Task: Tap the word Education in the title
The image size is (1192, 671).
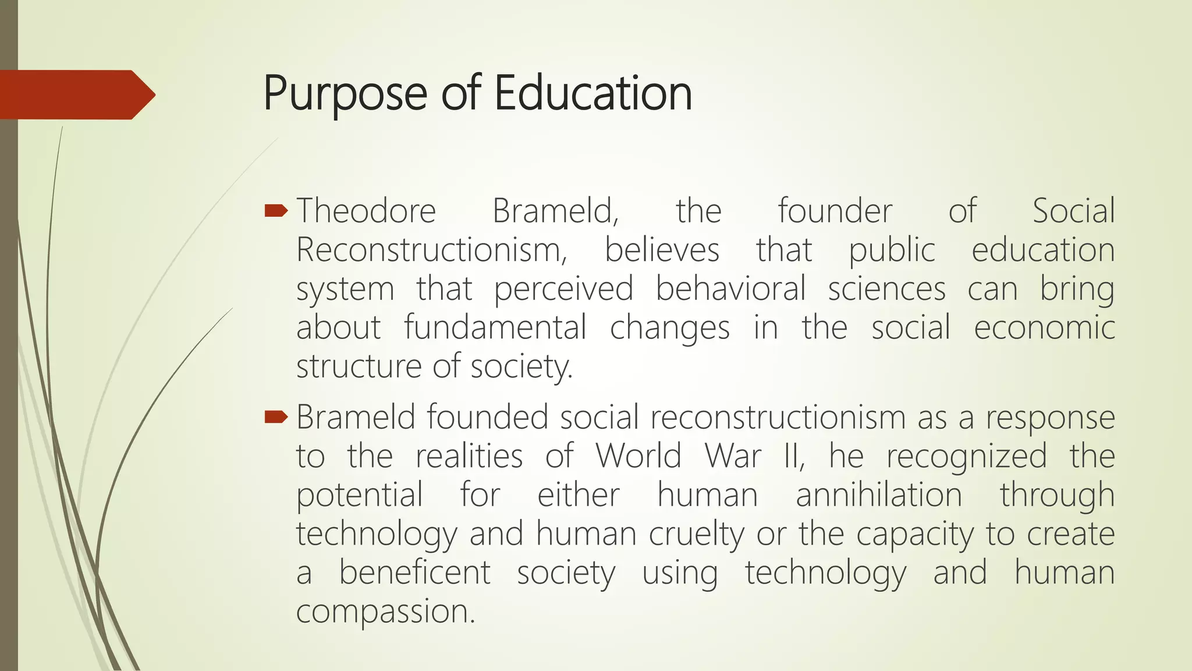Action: (x=593, y=93)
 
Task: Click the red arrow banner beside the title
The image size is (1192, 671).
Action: (x=76, y=94)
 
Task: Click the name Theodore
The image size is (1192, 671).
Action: (x=366, y=211)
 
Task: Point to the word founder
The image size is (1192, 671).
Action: (x=835, y=211)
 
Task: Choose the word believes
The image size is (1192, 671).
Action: (x=662, y=250)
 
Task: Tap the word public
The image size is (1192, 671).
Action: (x=892, y=251)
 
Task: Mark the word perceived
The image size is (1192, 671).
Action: (x=563, y=289)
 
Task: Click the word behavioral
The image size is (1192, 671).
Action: (x=730, y=289)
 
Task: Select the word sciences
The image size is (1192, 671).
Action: (x=886, y=289)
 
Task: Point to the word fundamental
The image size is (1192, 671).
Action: (x=495, y=327)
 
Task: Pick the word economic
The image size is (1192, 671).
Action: (x=1044, y=327)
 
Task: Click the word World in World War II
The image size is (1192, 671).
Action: (x=638, y=455)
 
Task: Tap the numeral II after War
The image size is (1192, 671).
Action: (x=793, y=455)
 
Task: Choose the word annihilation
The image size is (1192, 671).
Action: (x=879, y=495)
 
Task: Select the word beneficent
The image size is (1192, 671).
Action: (x=414, y=572)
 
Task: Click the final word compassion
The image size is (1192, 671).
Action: (x=385, y=612)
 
